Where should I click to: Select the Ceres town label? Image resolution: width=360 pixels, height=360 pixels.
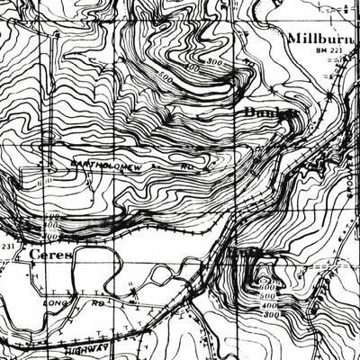tap(49, 255)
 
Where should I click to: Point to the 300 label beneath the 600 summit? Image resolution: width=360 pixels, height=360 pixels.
tap(272, 314)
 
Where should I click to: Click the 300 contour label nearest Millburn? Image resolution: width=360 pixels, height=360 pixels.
tap(213, 61)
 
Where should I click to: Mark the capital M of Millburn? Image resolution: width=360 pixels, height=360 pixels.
tap(296, 39)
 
